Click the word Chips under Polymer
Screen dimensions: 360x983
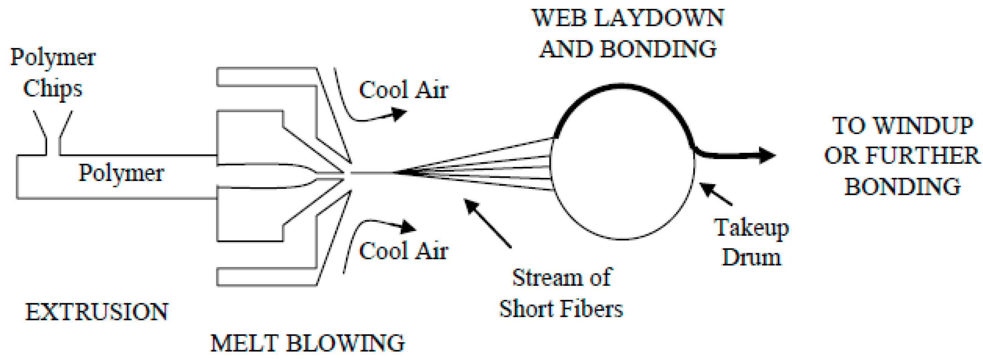52,89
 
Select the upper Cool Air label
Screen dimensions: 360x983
403,90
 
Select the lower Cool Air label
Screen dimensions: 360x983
403,251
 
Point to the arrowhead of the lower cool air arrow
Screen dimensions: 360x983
408,228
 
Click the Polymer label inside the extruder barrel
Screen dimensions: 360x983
121,173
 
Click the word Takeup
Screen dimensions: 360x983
751,228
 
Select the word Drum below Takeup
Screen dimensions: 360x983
751,257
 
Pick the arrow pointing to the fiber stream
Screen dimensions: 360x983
487,223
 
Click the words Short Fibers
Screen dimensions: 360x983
561,309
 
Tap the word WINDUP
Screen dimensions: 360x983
923,126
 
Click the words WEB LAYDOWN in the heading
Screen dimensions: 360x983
628,18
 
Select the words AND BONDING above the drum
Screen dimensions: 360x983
628,49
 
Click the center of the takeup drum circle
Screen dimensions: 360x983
622,162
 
